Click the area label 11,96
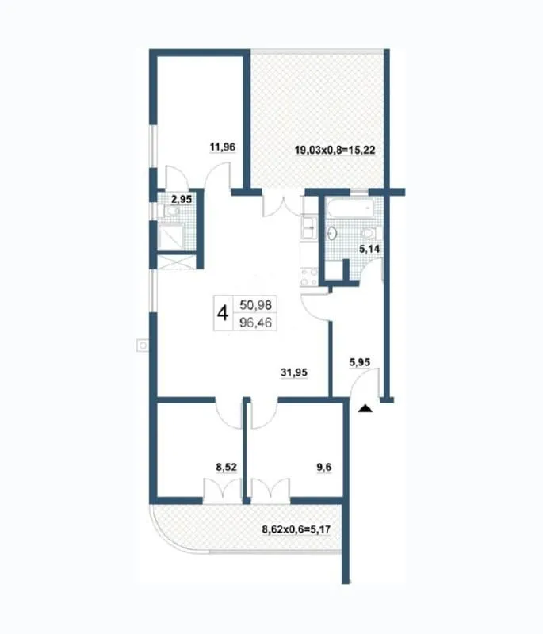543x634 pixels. (x=223, y=147)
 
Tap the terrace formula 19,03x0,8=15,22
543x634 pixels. (x=335, y=151)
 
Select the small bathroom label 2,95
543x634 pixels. (x=182, y=199)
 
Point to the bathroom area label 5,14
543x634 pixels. (x=369, y=249)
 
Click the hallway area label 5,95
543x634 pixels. (x=359, y=363)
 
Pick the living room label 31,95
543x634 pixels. (x=294, y=372)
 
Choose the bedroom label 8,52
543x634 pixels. (x=227, y=468)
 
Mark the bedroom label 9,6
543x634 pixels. (x=323, y=468)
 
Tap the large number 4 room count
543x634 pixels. (x=223, y=313)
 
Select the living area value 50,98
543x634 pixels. (x=255, y=304)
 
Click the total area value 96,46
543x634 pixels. (x=255, y=323)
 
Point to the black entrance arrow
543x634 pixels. (x=365, y=408)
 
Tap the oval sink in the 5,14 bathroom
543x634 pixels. (x=332, y=233)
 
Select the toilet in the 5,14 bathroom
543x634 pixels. (x=369, y=233)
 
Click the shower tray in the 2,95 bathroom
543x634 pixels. (x=173, y=237)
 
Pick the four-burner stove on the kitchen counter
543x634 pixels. (x=308, y=277)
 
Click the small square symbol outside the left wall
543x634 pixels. (x=143, y=346)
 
